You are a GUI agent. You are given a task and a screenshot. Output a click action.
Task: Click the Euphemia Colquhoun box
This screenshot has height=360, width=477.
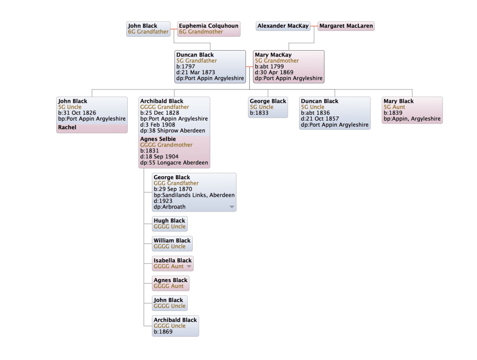[x=209, y=29]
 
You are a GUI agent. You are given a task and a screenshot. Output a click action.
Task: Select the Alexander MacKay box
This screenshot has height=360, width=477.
[x=283, y=26]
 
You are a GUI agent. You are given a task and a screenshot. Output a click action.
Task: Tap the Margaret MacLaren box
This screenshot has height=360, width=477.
[x=345, y=26]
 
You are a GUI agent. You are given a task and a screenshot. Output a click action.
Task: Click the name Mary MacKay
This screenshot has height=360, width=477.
[x=273, y=55]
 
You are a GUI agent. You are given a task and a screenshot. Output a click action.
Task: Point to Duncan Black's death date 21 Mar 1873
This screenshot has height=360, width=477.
[x=196, y=72]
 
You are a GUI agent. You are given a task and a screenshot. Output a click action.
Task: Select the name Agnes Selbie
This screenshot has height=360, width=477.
[x=158, y=139]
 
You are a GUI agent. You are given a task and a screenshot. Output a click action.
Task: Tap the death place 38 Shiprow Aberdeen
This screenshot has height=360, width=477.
[x=174, y=131]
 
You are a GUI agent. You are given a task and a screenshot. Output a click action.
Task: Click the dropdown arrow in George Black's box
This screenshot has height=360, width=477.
[x=232, y=207]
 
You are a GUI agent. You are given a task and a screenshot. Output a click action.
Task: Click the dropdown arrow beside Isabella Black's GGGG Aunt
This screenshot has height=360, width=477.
[x=188, y=267]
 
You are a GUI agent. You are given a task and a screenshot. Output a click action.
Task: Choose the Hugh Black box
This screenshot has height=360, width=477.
[x=170, y=223]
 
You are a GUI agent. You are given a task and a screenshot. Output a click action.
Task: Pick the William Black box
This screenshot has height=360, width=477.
[x=172, y=243]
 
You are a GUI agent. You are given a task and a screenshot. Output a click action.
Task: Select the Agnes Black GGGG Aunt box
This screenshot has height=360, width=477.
[x=171, y=283]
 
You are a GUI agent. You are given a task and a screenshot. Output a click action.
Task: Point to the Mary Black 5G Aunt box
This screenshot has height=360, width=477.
[x=412, y=110]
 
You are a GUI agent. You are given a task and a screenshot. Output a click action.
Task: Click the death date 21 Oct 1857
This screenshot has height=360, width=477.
[x=328, y=119]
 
